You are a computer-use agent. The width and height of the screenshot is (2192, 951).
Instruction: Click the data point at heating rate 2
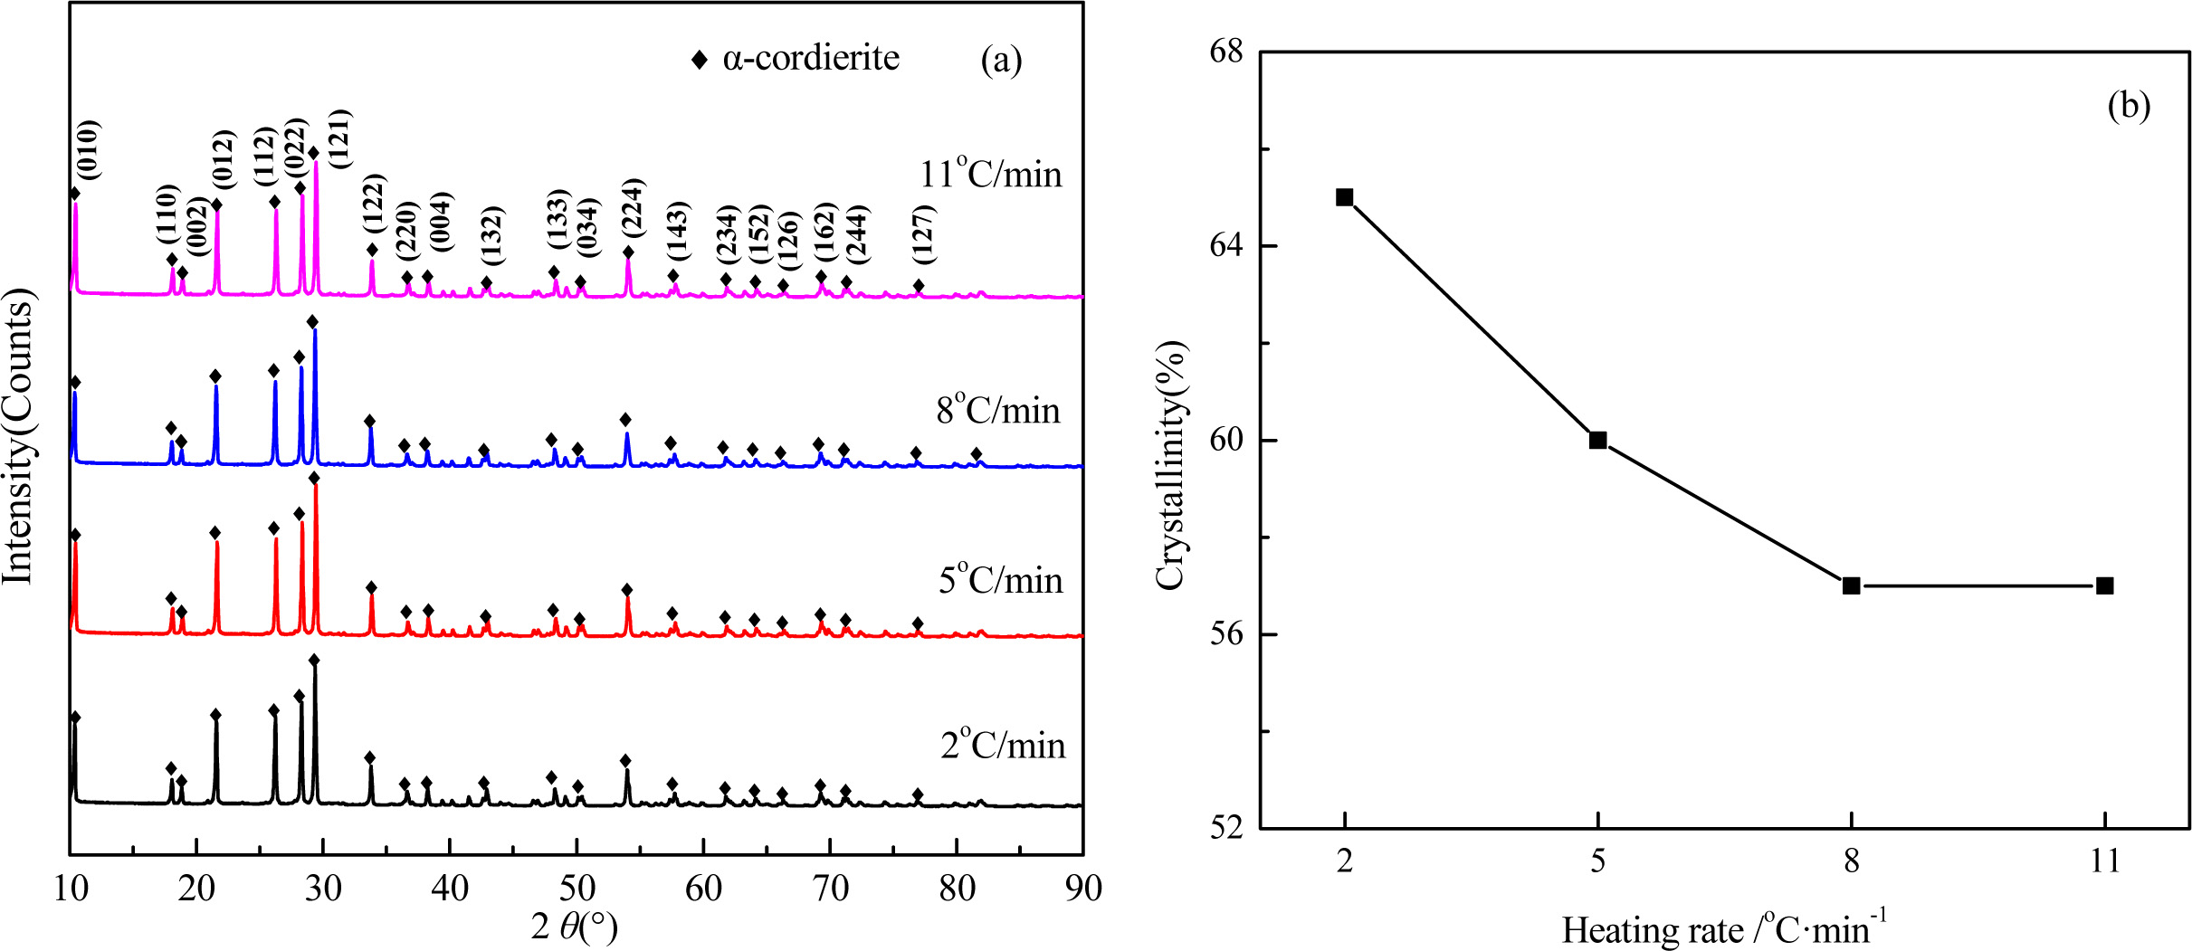coord(1344,197)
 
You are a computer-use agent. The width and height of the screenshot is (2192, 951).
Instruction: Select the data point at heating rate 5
coord(1597,440)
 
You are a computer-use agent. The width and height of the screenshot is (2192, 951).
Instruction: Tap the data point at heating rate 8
coord(1851,585)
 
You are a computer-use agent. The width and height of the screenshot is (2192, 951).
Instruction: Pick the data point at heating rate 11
coord(2104,585)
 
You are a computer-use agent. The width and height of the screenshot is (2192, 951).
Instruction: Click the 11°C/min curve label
coord(990,173)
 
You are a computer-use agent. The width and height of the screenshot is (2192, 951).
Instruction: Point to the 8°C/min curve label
coord(997,410)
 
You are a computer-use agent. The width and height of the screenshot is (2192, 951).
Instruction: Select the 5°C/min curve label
coord(1000,579)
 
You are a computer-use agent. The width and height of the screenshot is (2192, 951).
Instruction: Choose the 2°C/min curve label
coord(1003,745)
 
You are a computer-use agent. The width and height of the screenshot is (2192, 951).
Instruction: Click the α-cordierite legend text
coord(810,58)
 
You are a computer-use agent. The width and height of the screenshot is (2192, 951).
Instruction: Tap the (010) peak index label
coord(88,149)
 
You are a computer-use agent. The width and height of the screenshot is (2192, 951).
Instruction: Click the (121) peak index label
coord(338,138)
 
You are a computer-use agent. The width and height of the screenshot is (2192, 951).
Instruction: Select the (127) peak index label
coord(922,233)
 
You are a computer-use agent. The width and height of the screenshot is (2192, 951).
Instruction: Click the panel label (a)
coord(1001,60)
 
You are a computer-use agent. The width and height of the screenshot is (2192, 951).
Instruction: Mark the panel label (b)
coord(2129,106)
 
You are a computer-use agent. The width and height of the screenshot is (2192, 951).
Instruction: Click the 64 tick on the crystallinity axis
coord(1226,246)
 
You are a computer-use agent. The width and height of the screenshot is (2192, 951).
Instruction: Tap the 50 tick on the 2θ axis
coord(577,889)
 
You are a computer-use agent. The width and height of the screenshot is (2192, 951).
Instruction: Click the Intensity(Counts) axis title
coord(18,436)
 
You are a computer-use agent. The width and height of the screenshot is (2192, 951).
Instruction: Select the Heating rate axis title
coord(1723,929)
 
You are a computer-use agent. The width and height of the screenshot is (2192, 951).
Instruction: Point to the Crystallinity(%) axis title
coord(1170,465)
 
